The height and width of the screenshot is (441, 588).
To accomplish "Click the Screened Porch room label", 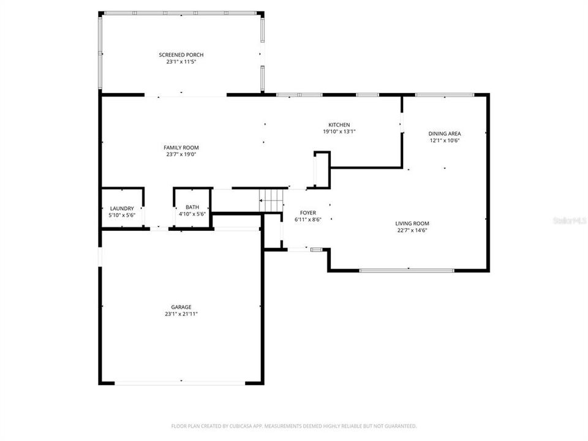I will pos(181,55).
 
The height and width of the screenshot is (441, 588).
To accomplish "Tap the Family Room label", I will pos(181,148).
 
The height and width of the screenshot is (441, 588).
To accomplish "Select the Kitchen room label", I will pos(339,125).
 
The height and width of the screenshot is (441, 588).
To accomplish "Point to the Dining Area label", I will pos(445,134).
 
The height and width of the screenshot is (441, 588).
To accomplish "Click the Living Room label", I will pos(412,224).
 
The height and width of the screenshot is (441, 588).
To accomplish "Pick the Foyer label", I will pos(308,213).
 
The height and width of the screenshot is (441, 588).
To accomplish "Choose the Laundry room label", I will pos(122,208).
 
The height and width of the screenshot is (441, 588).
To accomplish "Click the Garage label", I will pos(181,307).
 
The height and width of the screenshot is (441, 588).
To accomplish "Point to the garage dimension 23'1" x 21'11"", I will pos(181,314).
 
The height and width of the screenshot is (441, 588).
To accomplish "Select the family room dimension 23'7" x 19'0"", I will pos(181,154).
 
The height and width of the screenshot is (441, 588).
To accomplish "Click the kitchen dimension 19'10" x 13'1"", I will pos(339,132).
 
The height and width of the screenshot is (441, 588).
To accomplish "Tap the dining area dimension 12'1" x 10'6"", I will pos(445,140).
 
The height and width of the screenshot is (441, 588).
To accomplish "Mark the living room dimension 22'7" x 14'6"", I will pos(412,231).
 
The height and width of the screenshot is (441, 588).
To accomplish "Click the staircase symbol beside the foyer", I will pos(271,200).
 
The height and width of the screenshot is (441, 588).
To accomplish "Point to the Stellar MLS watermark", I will pos(570,219).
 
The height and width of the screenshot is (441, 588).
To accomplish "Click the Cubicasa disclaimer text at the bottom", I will pos(294,426).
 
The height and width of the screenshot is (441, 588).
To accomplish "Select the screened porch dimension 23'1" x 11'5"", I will pos(181,62).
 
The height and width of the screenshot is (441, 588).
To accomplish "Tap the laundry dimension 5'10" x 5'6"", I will pos(122,215).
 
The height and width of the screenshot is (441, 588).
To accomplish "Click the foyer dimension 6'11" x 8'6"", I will pos(308,219).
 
